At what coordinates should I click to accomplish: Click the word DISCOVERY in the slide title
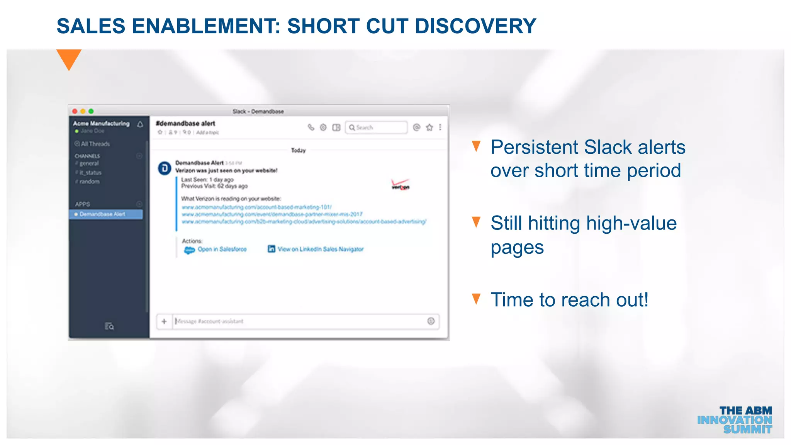(475, 26)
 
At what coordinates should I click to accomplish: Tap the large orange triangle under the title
(69, 59)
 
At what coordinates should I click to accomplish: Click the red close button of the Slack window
(75, 111)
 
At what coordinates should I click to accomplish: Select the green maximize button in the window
(91, 111)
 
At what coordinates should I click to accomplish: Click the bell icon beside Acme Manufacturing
(140, 124)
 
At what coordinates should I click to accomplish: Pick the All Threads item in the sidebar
(92, 144)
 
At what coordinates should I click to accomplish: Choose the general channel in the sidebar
(89, 163)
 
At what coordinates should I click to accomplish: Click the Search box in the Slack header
(376, 127)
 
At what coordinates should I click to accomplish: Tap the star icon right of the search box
(429, 127)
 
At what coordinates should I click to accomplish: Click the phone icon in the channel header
(311, 127)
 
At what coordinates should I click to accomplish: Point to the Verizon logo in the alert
(401, 185)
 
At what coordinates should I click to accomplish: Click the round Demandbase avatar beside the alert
(165, 168)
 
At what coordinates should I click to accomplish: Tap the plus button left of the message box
(164, 321)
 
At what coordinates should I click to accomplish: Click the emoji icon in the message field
(431, 321)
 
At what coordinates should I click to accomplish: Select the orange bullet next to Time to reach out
(476, 299)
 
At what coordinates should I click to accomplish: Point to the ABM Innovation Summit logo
(735, 420)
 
